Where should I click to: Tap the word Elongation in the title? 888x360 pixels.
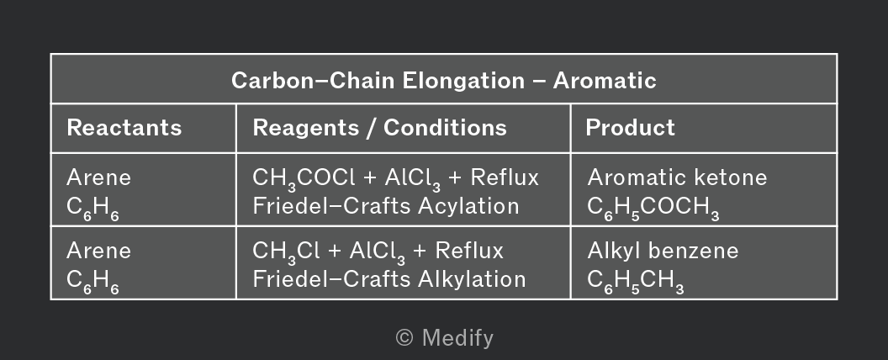pos(463,81)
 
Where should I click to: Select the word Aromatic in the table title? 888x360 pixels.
pos(605,81)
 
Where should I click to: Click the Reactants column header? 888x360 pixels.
pos(124,128)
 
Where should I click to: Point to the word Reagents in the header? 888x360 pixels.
pos(306,128)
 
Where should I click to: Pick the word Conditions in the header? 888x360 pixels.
pos(445,128)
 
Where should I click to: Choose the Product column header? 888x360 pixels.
pos(630,128)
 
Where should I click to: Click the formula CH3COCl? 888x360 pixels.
pos(304,179)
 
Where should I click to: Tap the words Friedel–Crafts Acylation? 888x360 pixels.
pos(386,206)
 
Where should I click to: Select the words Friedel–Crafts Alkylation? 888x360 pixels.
pos(389,279)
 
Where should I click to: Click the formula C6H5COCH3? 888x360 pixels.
pos(653,208)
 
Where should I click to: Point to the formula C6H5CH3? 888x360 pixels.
pos(636,281)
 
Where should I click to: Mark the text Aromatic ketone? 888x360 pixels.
pos(677,177)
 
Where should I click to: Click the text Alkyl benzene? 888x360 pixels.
pos(663,251)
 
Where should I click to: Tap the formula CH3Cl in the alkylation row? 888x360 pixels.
pos(286,251)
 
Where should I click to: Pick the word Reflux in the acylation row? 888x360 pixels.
pos(505,177)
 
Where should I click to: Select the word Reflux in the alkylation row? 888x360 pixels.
pos(469,251)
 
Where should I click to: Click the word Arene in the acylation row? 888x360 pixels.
pos(98,177)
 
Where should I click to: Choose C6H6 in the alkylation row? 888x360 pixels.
pos(92,281)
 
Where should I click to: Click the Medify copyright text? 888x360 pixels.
pos(445,338)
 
